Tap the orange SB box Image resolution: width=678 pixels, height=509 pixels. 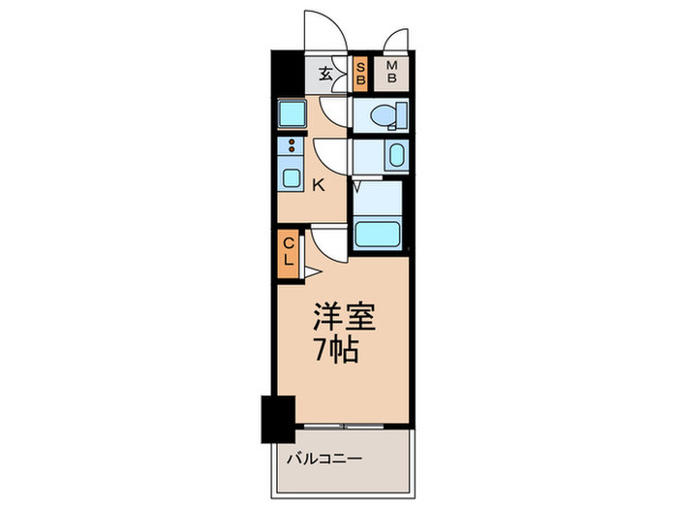click(359, 74)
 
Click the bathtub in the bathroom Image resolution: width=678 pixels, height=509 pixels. click(378, 232)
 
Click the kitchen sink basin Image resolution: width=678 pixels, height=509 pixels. click(290, 177)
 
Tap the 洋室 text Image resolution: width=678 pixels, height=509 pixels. click(341, 316)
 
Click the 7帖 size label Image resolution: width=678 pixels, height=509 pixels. click(336, 350)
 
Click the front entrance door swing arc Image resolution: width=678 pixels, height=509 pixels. click(324, 29)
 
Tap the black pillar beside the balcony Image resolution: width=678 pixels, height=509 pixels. click(277, 418)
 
